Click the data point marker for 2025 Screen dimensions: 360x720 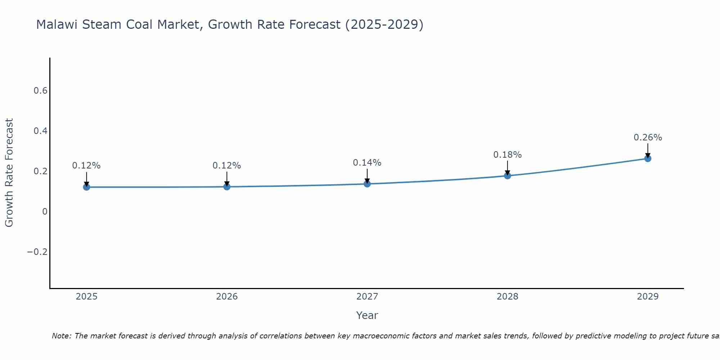click(86, 187)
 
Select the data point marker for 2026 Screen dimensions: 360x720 click(227, 186)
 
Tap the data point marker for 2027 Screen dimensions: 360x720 click(367, 184)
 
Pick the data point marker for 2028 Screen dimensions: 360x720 click(508, 176)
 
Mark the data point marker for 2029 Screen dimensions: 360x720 click(648, 158)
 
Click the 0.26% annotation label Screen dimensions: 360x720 click(648, 138)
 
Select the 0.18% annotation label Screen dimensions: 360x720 click(507, 155)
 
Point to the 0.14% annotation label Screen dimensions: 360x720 click(367, 163)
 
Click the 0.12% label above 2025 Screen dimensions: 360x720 click(86, 166)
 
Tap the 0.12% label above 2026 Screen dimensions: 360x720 click(227, 166)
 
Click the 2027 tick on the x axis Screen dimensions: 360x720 click(367, 297)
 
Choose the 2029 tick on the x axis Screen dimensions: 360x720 click(648, 297)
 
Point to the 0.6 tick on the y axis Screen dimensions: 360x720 click(41, 91)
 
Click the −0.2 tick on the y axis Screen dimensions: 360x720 click(37, 252)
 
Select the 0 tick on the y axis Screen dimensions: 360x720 click(45, 211)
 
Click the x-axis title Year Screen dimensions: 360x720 click(367, 315)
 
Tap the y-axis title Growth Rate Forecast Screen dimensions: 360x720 click(9, 173)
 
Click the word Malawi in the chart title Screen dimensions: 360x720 click(57, 25)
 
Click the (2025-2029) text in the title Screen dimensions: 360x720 click(384, 25)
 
